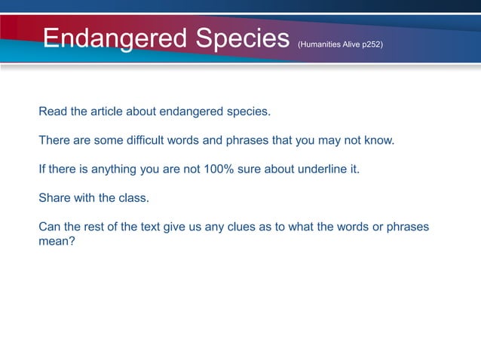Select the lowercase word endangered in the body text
tap(195, 112)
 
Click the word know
tap(378, 141)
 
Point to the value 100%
tap(219, 169)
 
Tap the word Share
tap(54, 198)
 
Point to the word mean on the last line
tap(54, 243)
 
